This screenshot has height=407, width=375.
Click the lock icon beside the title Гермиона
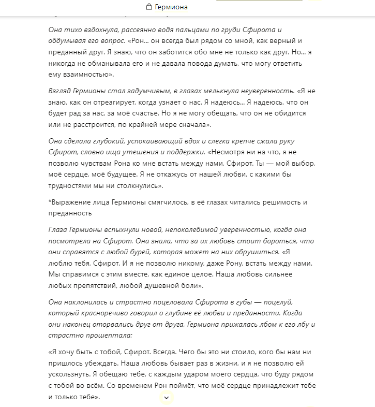click(x=149, y=7)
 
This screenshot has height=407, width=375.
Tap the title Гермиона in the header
click(x=171, y=7)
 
